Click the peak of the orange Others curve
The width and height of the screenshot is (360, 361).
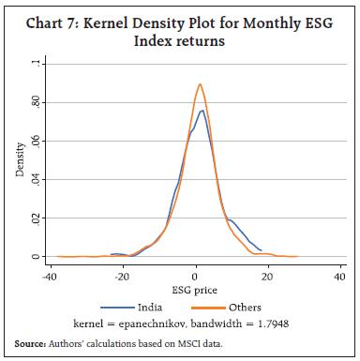click(200, 83)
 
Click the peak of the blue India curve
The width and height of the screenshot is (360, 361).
click(202, 111)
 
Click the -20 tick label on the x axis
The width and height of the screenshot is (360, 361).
click(115, 277)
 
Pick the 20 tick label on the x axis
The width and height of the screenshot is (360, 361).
click(267, 277)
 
